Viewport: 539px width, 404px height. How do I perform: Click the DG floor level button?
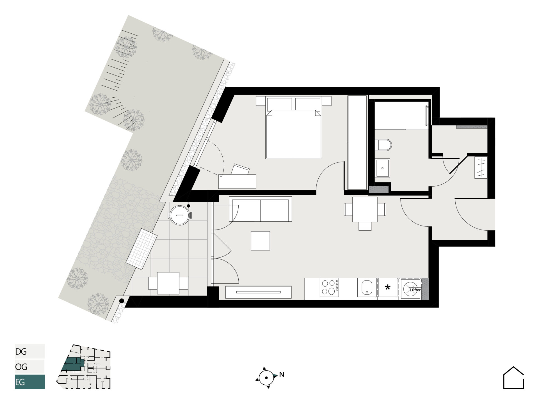click(x=30, y=351)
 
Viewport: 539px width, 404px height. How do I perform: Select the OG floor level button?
click(x=30, y=367)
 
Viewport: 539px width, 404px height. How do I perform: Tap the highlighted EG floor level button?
click(x=30, y=382)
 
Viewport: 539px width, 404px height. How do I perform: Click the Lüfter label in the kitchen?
click(x=415, y=290)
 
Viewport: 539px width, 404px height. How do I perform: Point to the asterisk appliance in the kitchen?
click(x=388, y=288)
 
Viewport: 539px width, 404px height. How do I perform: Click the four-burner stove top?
click(x=329, y=288)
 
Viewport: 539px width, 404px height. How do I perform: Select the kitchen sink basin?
click(x=367, y=288)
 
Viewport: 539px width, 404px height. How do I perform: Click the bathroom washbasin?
click(x=382, y=168)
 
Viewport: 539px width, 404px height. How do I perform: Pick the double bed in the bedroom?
click(x=294, y=128)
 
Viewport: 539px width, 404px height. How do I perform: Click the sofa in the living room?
click(x=261, y=209)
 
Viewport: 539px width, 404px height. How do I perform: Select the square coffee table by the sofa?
click(x=261, y=241)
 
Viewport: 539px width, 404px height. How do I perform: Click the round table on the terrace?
click(x=180, y=215)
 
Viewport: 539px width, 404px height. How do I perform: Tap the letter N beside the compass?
click(x=282, y=375)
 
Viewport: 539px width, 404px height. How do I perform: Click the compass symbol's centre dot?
click(x=266, y=378)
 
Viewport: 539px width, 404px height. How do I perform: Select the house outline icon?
click(x=513, y=378)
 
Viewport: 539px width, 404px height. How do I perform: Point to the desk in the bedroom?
click(x=237, y=181)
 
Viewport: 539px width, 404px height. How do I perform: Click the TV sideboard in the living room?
click(x=258, y=292)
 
